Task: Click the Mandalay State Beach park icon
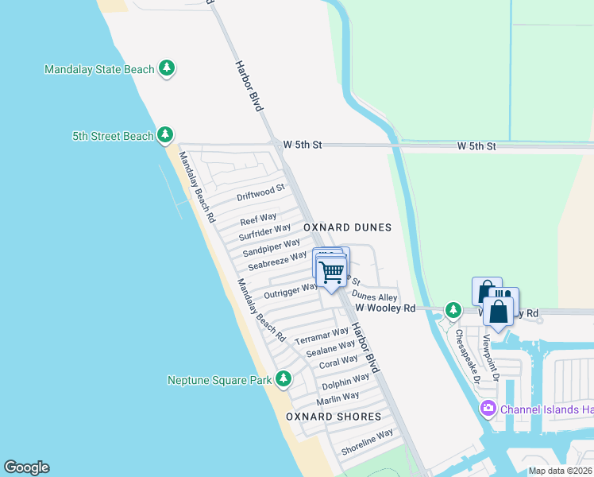(x=166, y=69)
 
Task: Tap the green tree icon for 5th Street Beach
(x=165, y=136)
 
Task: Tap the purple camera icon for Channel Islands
(x=488, y=409)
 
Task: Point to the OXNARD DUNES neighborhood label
(x=348, y=227)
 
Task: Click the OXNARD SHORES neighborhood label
(x=334, y=417)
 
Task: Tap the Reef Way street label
(x=258, y=218)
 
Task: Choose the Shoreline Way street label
(x=367, y=442)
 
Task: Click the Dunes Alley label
(x=374, y=297)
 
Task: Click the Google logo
(x=26, y=467)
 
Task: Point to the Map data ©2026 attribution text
(x=560, y=471)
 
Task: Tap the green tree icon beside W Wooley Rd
(x=453, y=309)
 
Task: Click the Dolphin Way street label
(x=345, y=382)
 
